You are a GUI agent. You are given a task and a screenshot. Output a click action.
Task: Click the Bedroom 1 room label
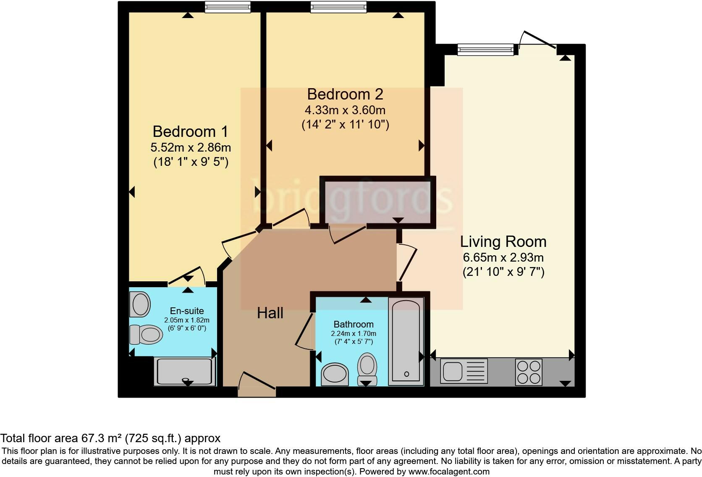click(x=190, y=131)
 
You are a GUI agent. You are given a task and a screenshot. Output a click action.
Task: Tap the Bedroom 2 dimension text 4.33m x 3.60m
click(x=345, y=110)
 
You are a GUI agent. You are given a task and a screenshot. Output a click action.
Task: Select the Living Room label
click(x=503, y=241)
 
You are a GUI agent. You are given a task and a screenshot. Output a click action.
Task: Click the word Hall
click(x=270, y=313)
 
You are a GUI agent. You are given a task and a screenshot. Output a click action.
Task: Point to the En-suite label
click(x=187, y=311)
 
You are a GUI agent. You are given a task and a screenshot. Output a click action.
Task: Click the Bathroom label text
click(x=354, y=324)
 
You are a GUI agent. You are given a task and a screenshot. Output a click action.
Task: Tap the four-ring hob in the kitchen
click(x=529, y=372)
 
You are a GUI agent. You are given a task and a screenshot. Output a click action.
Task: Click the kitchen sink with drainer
click(x=464, y=371)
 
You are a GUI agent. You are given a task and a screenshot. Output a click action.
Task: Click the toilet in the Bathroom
click(x=367, y=368)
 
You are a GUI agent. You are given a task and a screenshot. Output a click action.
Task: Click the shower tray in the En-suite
click(x=185, y=371)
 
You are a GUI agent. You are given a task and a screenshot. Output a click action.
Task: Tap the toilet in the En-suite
click(x=146, y=335)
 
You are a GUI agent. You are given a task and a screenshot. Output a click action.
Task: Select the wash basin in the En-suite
click(x=140, y=304)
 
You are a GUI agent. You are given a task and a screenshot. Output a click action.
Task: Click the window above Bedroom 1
click(x=228, y=7)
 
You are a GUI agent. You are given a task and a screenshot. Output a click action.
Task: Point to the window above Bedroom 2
click(x=338, y=7)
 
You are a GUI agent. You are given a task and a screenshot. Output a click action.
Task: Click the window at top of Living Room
click(x=485, y=50)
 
